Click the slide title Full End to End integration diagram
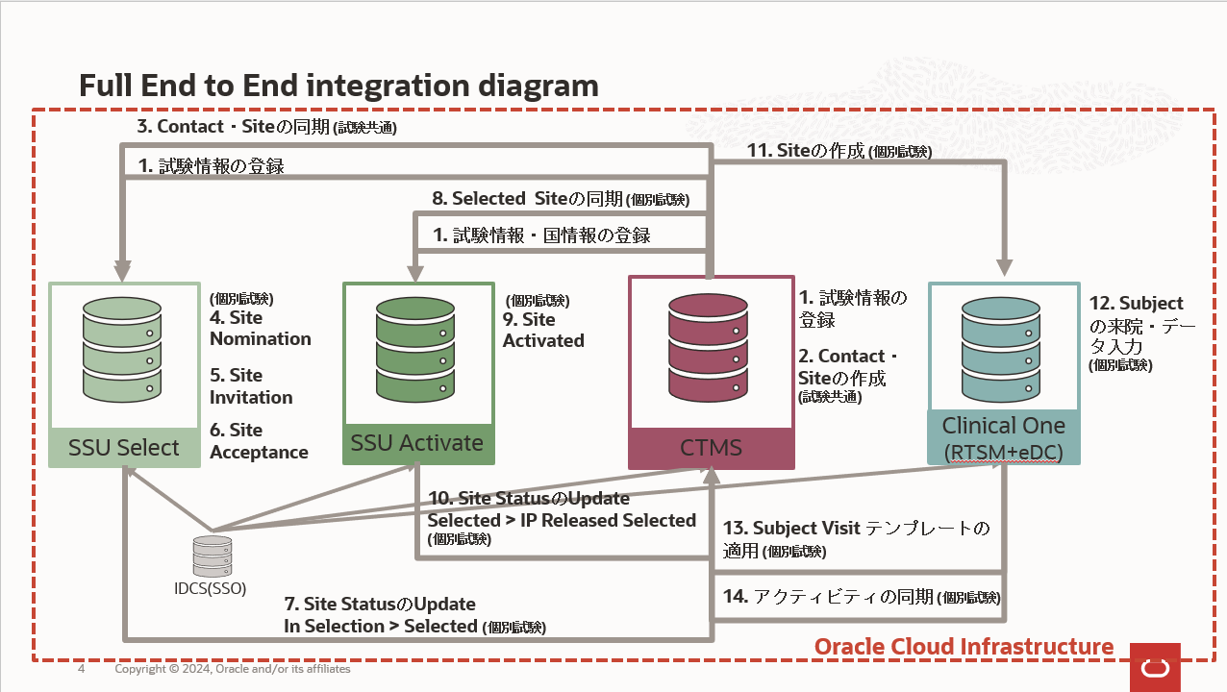pos(338,86)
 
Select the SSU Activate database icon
pos(417,348)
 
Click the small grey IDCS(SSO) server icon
pos(213,556)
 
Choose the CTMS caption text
pos(712,447)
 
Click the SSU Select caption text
pos(124,448)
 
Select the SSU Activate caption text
pos(417,443)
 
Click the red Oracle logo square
pos(1155,666)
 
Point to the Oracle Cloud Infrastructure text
pos(964,647)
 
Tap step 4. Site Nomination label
pos(260,328)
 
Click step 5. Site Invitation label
pos(250,386)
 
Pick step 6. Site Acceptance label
pos(259,441)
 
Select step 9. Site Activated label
pos(542,330)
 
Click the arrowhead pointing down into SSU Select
pos(124,269)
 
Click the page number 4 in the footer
pos(82,669)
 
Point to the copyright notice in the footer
pos(233,669)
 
